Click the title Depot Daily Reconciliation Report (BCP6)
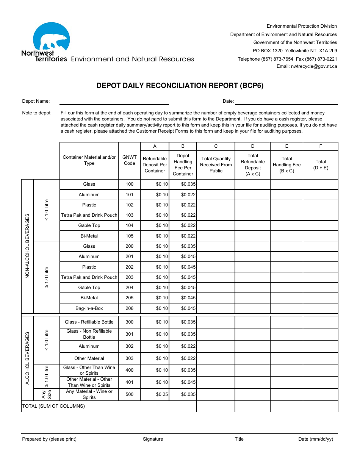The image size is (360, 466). point(180,86)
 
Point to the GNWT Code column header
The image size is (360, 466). point(129,160)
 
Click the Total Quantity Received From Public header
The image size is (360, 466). point(216,165)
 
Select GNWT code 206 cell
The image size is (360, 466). point(129,308)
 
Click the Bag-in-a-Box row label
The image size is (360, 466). point(89,308)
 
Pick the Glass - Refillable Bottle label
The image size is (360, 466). point(89,322)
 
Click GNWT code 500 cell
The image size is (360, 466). point(129,394)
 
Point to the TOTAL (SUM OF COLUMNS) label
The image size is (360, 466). point(53,406)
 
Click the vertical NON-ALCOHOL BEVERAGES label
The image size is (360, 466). point(27,246)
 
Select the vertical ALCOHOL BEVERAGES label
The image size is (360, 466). point(27,358)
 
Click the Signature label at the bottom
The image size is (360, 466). point(153,439)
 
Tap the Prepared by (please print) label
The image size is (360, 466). point(49,439)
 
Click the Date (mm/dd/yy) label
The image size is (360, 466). point(316,439)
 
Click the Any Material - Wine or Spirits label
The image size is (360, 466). point(89,394)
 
